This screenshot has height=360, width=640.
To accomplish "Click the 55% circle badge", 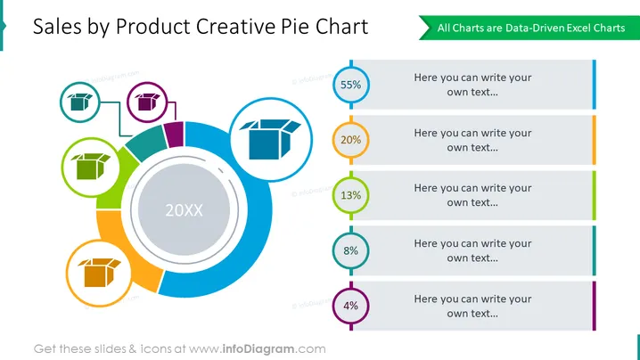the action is click(351, 85).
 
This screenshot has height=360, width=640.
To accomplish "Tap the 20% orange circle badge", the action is click(351, 140).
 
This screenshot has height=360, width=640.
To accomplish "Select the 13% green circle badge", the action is click(351, 195).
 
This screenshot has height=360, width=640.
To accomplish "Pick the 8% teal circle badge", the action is click(351, 250).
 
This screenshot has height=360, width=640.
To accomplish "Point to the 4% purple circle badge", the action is click(351, 306).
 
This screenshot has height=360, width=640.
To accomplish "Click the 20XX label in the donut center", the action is click(185, 210).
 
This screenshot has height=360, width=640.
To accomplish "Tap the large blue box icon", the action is click(270, 139).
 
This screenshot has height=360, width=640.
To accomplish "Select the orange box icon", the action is click(99, 273).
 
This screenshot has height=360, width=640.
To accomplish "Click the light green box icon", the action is click(91, 166).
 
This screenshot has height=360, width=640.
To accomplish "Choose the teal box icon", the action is click(80, 102).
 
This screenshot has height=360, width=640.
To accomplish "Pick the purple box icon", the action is click(147, 102).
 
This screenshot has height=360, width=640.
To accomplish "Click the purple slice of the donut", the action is click(174, 134).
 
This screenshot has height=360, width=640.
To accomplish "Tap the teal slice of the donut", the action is click(147, 143).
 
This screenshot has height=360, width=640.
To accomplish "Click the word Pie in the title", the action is click(296, 27).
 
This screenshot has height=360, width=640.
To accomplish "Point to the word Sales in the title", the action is click(57, 27).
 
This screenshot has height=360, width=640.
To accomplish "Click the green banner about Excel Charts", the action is click(529, 28).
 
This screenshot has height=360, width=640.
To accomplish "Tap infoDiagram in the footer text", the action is click(258, 349).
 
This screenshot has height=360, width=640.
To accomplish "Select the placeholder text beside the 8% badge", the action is click(472, 250).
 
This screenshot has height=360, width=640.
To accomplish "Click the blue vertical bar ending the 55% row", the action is click(595, 85).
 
